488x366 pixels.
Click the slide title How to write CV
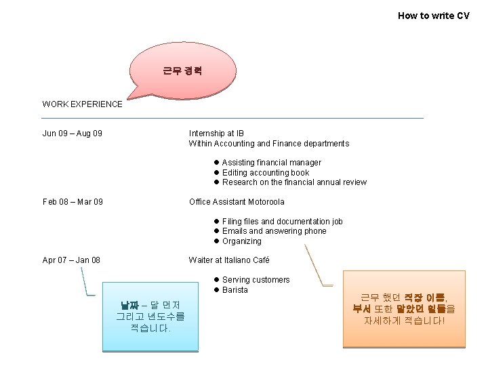point(433,16)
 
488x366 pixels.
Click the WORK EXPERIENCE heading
point(82,104)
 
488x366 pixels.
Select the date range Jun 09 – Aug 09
point(73,134)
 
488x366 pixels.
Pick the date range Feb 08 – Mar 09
point(73,202)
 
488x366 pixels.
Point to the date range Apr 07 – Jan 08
point(71,260)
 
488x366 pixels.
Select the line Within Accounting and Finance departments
point(268,144)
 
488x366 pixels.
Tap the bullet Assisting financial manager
point(271,163)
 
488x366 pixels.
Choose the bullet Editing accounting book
point(265,173)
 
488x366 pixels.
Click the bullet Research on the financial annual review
point(294,182)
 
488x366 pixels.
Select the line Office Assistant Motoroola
point(237,202)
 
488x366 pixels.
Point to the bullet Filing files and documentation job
point(282,222)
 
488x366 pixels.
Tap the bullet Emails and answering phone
point(274,231)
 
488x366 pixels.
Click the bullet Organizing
point(241,241)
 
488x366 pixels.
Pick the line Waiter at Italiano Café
point(229,260)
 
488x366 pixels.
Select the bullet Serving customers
point(256,280)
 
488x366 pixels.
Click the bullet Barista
point(235,290)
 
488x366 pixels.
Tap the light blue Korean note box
point(150,316)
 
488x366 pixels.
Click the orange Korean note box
point(404,308)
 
